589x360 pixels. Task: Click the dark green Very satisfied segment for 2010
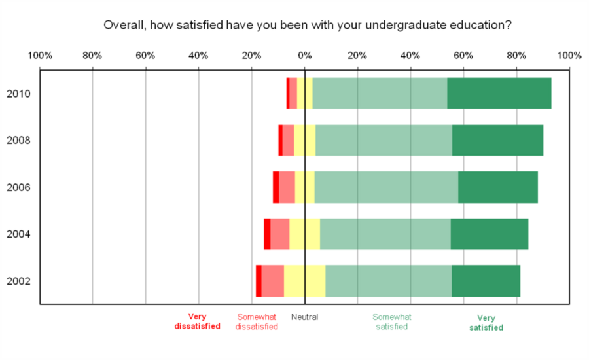tap(499, 93)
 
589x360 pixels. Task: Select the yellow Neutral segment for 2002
tap(304, 281)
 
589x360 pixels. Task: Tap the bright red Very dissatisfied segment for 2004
tap(267, 234)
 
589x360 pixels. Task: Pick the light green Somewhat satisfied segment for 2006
tap(386, 187)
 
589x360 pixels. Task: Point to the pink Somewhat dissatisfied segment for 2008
tap(288, 140)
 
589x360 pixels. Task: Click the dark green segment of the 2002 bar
tap(486, 281)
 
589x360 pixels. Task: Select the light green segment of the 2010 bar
tap(380, 93)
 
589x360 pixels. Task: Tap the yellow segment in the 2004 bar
tap(304, 234)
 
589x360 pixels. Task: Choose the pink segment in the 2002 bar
tap(272, 281)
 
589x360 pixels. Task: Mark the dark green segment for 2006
tap(497, 187)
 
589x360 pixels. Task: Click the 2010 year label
tap(18, 94)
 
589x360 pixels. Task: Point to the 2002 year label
tap(18, 281)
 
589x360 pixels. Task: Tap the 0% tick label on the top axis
tap(304, 56)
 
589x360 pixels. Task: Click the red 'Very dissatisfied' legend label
tap(197, 321)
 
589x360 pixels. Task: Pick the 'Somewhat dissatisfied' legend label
tap(257, 321)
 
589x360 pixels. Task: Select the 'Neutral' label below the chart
tap(304, 317)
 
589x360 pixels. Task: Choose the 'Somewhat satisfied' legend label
tap(392, 321)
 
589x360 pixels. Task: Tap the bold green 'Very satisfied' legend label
tap(486, 323)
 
